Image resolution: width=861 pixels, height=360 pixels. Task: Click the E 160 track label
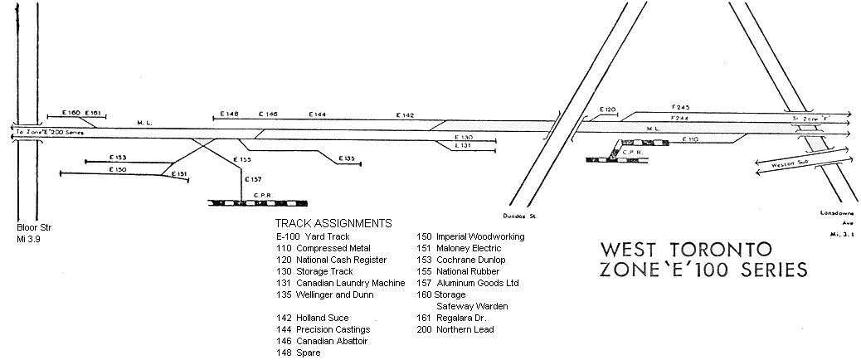pyautogui.click(x=71, y=112)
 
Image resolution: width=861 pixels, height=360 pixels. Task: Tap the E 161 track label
pyautogui.click(x=92, y=112)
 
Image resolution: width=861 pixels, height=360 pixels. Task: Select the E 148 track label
pyautogui.click(x=230, y=114)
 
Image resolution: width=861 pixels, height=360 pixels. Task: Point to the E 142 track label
pyautogui.click(x=405, y=114)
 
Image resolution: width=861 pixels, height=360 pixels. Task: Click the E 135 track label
pyautogui.click(x=347, y=158)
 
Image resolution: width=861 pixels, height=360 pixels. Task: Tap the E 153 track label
pyautogui.click(x=118, y=157)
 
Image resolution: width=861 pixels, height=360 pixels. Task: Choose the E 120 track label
pyautogui.click(x=608, y=109)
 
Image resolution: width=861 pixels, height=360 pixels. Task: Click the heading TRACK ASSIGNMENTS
pyautogui.click(x=333, y=224)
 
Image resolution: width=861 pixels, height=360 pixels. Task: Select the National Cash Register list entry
pyautogui.click(x=330, y=260)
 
